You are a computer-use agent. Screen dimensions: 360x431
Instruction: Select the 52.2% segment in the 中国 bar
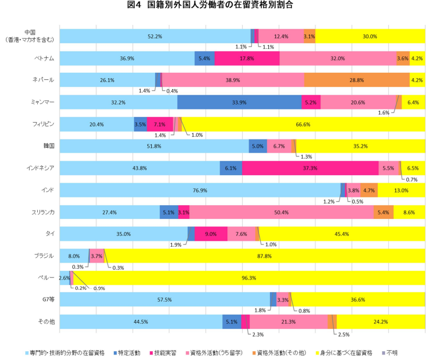point(154,36)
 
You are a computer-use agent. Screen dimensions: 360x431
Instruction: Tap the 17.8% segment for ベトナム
point(247,58)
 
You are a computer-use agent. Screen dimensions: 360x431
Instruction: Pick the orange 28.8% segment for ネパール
point(357,80)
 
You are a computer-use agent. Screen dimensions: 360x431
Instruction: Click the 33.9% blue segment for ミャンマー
point(239,102)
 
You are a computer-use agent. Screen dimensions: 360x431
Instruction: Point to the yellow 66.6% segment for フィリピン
point(303,124)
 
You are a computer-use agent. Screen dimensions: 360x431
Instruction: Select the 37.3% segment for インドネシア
point(310,168)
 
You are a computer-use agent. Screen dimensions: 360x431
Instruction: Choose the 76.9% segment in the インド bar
point(200,190)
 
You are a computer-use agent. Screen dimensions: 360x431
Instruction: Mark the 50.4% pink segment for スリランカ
point(281,212)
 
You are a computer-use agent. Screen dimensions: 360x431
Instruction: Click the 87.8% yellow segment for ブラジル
point(265,256)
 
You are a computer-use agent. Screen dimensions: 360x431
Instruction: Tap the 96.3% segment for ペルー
point(249,277)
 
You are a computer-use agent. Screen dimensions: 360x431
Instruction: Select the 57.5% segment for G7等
point(164,299)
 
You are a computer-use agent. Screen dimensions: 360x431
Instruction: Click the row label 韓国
point(48,146)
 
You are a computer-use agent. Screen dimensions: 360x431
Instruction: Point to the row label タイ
point(50,234)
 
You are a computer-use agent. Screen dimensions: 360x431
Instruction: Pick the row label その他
point(47,322)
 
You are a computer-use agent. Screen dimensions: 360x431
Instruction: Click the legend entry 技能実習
point(165,352)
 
